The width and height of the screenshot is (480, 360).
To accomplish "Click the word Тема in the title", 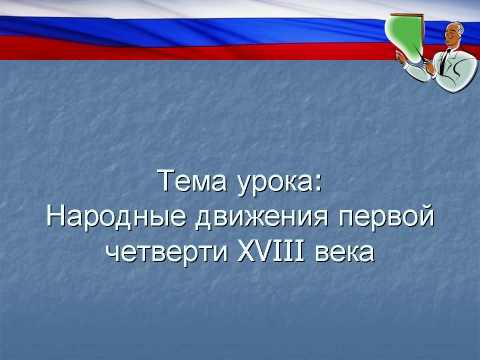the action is pos(192,181).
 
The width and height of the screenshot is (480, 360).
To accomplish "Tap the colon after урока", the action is pos(318,183).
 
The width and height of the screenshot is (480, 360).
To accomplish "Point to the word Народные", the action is pos(116,216).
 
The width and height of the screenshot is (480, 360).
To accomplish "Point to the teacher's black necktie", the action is pos(444,61).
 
